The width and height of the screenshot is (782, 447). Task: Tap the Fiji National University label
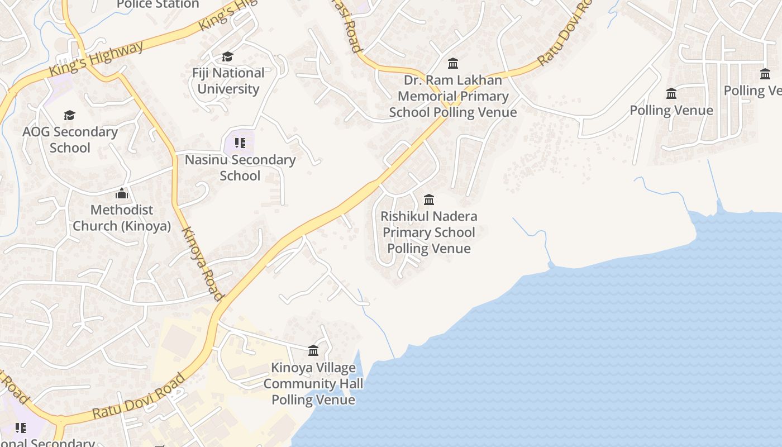[228, 81]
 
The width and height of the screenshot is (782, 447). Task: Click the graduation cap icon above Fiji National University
[227, 56]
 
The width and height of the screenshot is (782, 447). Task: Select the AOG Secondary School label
[70, 140]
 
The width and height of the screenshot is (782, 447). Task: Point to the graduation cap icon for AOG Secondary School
[69, 115]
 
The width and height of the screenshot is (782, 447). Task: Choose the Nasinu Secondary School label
[240, 168]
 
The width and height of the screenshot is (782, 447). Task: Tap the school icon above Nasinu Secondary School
[240, 143]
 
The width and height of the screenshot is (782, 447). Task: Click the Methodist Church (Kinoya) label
[122, 218]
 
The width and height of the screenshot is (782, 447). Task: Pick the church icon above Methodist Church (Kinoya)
[122, 194]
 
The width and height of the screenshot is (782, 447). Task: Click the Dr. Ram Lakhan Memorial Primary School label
[453, 96]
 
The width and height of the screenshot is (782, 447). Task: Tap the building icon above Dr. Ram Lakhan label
[453, 63]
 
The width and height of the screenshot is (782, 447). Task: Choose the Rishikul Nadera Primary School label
[429, 232]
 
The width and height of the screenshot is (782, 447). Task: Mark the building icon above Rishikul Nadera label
[429, 199]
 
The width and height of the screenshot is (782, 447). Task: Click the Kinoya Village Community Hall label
[313, 383]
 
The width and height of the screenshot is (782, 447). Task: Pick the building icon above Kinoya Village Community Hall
[313, 350]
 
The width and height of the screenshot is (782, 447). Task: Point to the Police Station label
[158, 4]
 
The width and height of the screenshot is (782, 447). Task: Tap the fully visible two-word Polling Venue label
[671, 110]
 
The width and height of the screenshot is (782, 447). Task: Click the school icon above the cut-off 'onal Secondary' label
[21, 428]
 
